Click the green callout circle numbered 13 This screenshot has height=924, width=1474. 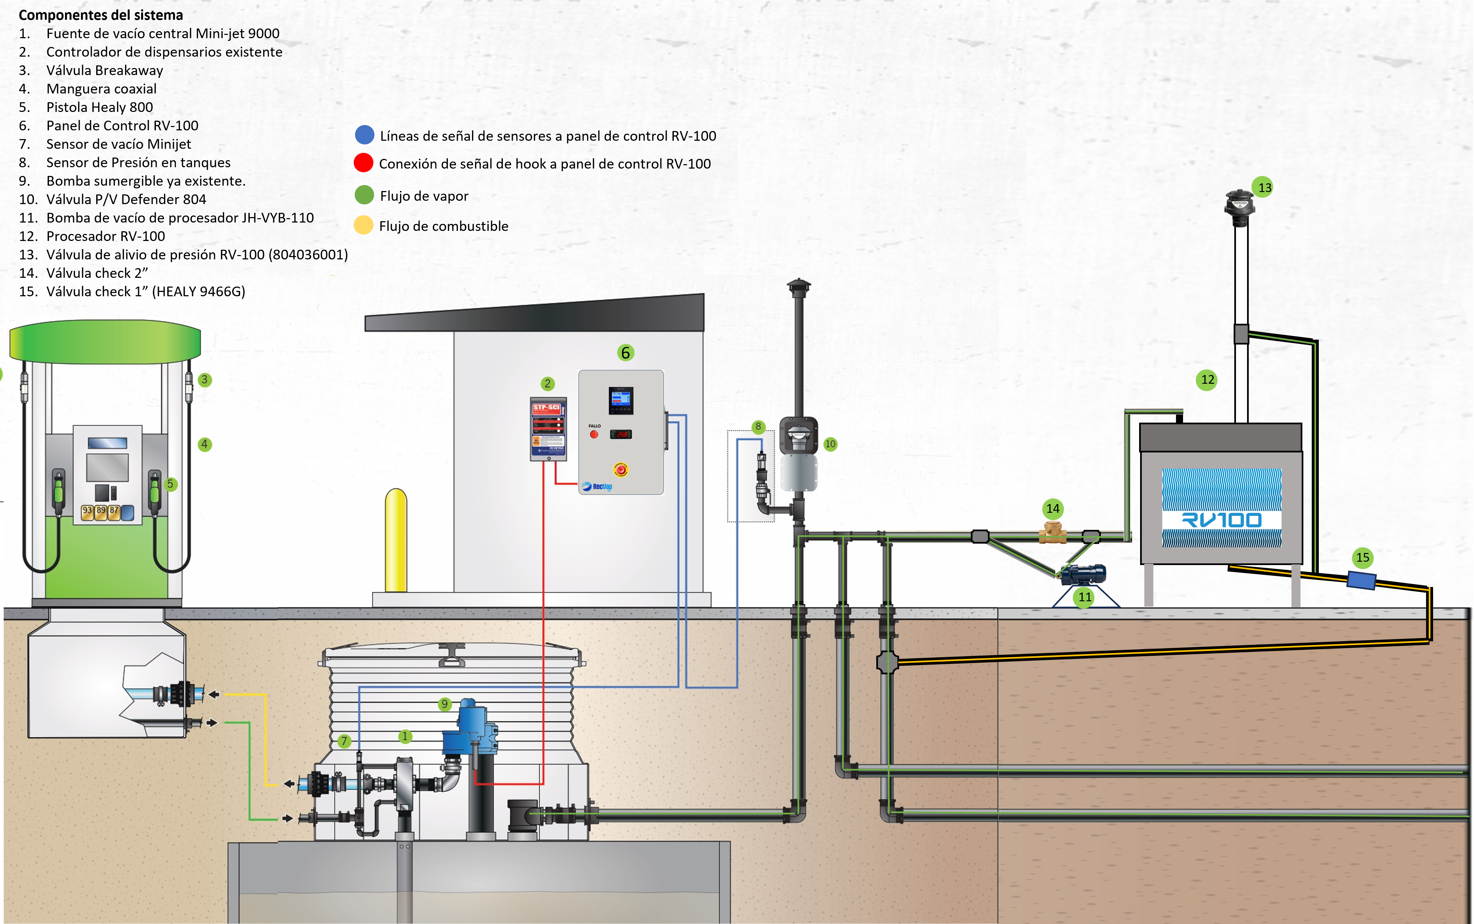click(1264, 188)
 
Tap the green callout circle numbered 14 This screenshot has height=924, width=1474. click(1052, 508)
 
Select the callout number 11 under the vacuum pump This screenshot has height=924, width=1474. click(1085, 597)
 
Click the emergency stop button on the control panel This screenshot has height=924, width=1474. click(621, 469)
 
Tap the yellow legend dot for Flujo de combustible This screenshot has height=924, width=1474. click(364, 225)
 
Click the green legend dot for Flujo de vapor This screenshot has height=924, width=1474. click(364, 195)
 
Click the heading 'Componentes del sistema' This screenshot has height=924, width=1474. click(101, 15)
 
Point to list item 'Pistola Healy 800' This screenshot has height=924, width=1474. click(100, 107)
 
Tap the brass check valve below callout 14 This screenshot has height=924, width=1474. click(1052, 533)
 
